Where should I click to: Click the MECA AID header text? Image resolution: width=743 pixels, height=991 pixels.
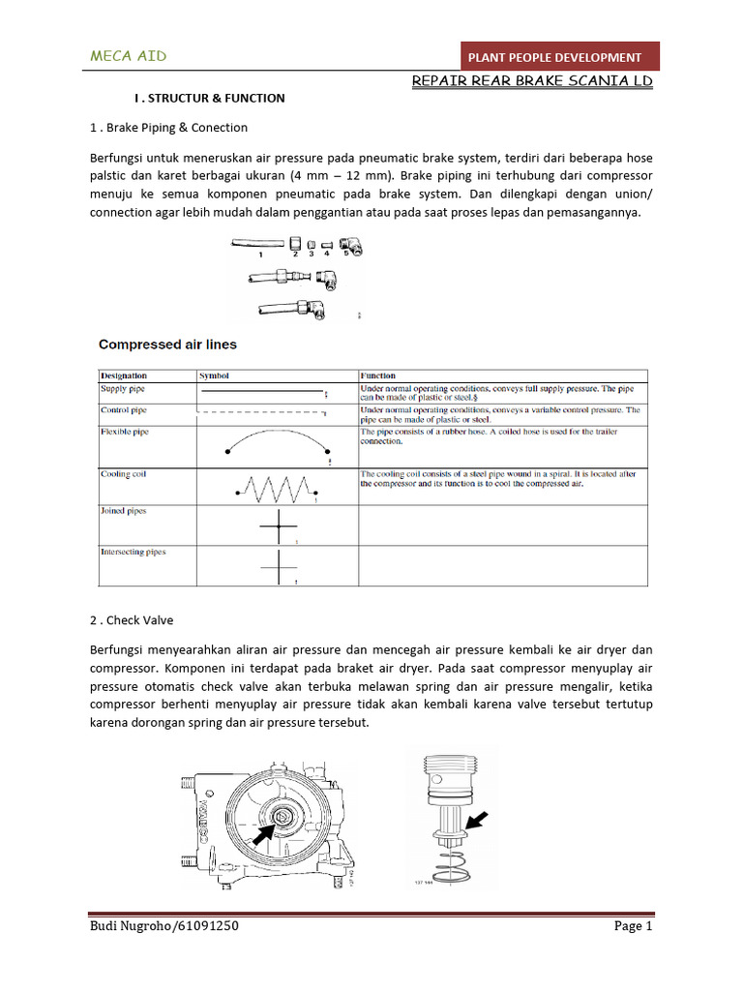click(x=128, y=56)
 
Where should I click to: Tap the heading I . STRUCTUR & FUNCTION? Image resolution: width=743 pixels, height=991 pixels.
click(x=209, y=98)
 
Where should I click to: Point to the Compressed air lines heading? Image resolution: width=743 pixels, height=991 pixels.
click(x=169, y=345)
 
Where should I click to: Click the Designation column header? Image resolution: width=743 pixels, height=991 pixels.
click(x=125, y=375)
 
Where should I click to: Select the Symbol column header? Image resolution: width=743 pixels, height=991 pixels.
click(x=214, y=375)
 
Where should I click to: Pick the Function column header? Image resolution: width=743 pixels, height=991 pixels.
click(x=378, y=375)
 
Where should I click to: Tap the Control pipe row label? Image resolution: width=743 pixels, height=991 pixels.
click(x=125, y=410)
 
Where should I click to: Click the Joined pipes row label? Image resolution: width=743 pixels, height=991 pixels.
click(x=124, y=511)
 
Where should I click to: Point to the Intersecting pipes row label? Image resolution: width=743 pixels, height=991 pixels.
click(x=134, y=552)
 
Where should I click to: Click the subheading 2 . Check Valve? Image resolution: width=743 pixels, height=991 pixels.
click(x=132, y=620)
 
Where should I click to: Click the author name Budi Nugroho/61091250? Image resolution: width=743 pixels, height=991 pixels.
click(x=164, y=926)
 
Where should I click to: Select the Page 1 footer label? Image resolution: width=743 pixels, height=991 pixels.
click(x=634, y=926)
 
